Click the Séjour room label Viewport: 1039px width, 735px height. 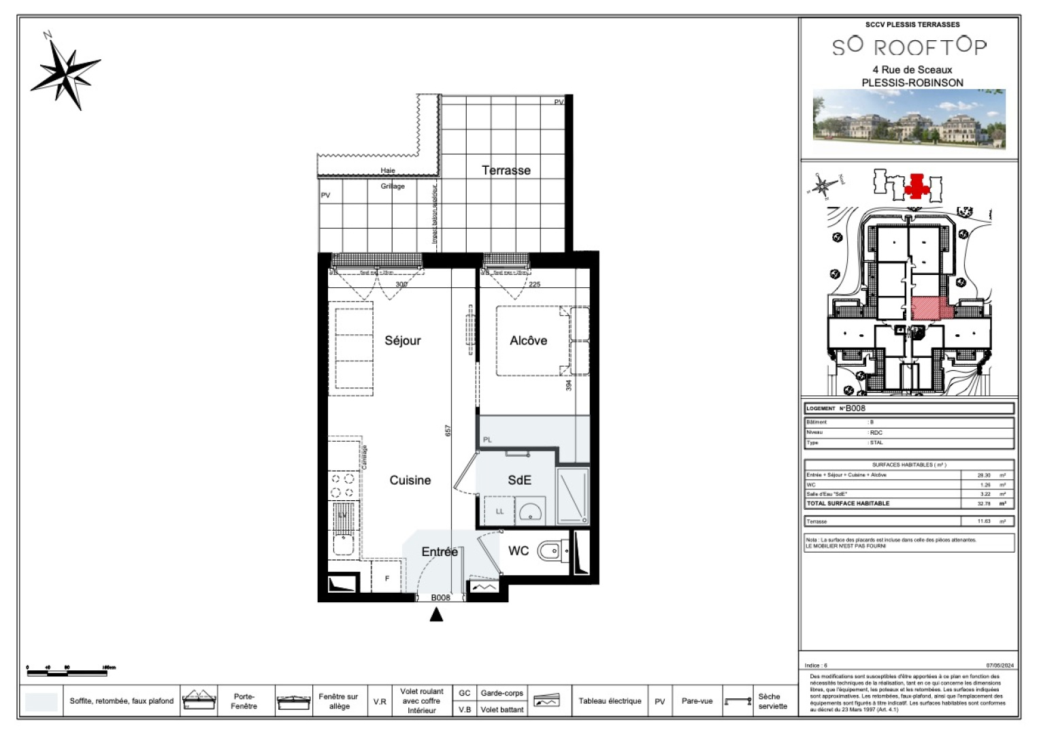click(402, 340)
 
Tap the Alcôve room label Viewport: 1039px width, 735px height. click(528, 340)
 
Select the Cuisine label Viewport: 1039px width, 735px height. click(410, 480)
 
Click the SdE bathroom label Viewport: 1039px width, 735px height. click(519, 480)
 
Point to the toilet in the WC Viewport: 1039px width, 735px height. click(550, 551)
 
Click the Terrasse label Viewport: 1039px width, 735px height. click(506, 170)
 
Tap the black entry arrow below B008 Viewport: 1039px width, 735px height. click(436, 615)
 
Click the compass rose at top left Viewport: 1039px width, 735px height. click(66, 72)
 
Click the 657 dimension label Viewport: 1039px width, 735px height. click(448, 431)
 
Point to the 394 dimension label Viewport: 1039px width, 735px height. click(569, 385)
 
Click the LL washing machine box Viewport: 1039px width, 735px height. click(499, 511)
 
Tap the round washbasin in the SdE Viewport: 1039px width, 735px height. click(530, 511)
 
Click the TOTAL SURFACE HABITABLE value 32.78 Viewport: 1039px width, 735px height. click(984, 504)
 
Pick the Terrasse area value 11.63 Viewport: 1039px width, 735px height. click(984, 521)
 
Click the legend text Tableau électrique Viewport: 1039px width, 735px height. click(610, 701)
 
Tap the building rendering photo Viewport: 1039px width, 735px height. click(909, 119)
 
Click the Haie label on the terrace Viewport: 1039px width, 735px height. click(388, 170)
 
